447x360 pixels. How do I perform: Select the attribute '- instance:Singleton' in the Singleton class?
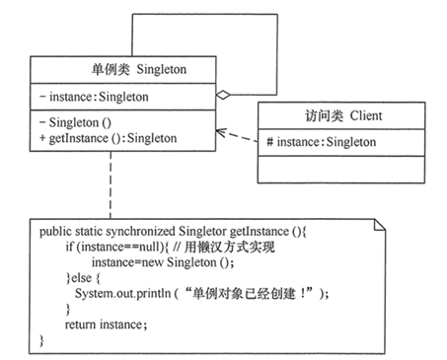(x=94, y=97)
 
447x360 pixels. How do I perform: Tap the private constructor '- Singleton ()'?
(x=79, y=121)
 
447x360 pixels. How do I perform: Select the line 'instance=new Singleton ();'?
(x=163, y=264)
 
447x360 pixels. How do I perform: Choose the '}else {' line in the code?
(x=83, y=280)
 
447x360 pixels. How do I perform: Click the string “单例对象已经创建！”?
(x=268, y=294)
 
